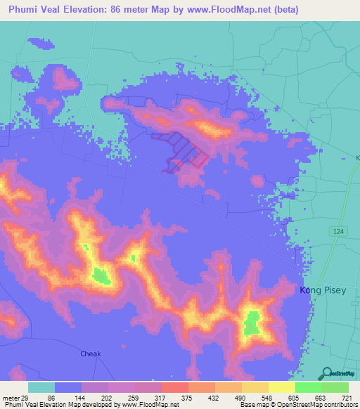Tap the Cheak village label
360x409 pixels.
point(91,353)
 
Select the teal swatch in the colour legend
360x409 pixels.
point(41,387)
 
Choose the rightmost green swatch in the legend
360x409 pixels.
point(335,387)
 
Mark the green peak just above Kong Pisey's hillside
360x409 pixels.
point(251,323)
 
